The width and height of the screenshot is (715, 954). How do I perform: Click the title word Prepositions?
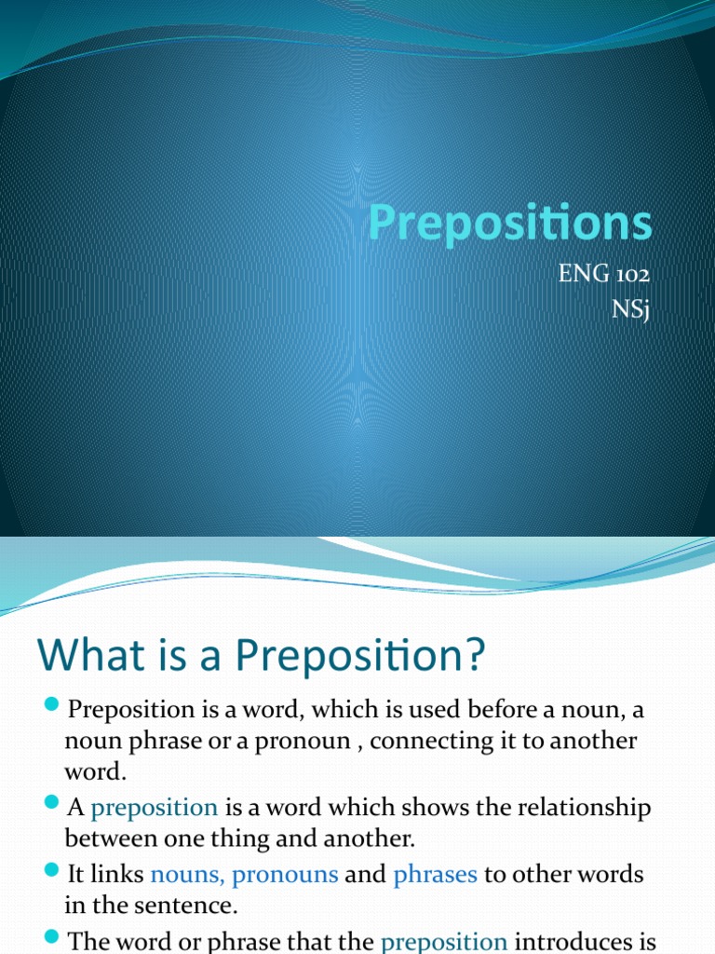pos(509,225)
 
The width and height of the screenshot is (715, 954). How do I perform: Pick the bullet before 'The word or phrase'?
pos(51,935)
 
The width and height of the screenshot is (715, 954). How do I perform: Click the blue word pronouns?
pos(285,876)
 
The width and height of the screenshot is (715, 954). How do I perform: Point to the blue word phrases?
pos(435,876)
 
